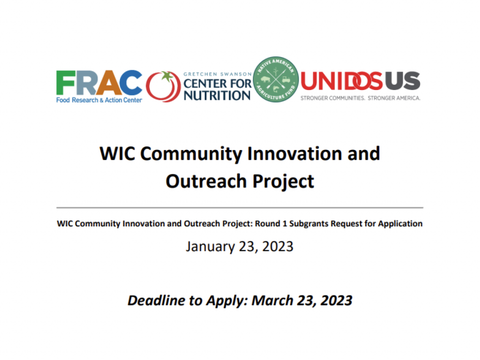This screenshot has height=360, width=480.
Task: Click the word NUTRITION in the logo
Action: tap(217, 95)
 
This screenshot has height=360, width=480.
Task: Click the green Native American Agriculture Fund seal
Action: tap(276, 80)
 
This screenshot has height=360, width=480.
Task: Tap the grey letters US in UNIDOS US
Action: tap(403, 82)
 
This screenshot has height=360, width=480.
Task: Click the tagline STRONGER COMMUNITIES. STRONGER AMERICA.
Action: tap(360, 98)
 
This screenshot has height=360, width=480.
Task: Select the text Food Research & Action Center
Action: tap(99, 100)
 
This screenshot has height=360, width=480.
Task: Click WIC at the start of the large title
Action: tap(116, 154)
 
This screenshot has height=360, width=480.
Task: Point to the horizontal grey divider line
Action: tap(240, 207)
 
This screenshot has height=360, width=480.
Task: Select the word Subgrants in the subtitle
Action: tap(309, 224)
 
